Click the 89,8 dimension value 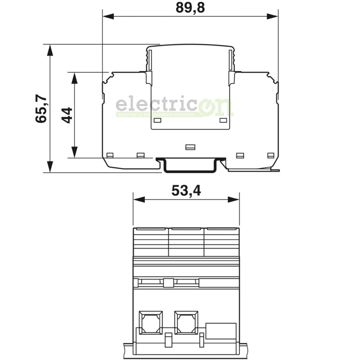click(x=190, y=7)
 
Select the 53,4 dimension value click(x=186, y=191)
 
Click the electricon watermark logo click(x=174, y=107)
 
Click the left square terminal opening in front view click(x=150, y=322)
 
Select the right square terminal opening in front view click(x=186, y=322)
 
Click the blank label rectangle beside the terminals click(x=220, y=330)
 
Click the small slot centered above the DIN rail click(x=190, y=147)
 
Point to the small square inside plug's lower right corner click(x=224, y=120)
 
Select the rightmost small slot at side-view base click(x=271, y=155)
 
